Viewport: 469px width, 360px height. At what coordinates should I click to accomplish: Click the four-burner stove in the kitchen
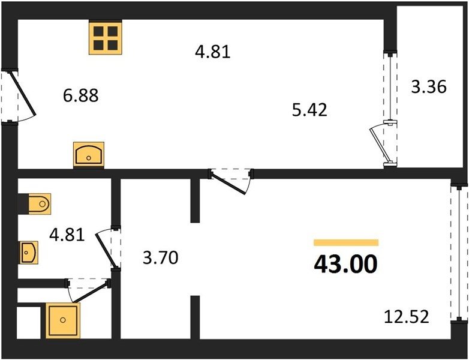point(106,38)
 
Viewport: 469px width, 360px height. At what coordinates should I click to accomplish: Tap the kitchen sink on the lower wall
point(89,154)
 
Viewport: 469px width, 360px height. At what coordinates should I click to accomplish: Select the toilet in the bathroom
point(40,204)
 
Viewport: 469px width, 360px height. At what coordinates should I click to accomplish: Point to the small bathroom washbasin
point(29,253)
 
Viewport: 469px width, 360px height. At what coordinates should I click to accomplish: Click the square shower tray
point(63,320)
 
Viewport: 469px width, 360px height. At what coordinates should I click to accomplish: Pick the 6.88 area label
point(81,96)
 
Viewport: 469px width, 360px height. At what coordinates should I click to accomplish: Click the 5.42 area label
point(309,110)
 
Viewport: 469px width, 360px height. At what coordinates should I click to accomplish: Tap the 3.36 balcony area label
point(429,87)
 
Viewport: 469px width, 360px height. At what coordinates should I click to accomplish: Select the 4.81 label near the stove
point(213,52)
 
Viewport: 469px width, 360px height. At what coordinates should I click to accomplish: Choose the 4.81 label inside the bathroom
point(67,235)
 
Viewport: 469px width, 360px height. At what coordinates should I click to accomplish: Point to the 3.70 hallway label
point(161,257)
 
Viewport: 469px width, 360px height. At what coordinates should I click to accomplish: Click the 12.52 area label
point(407,317)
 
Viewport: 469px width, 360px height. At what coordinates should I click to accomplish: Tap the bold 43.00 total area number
point(346,265)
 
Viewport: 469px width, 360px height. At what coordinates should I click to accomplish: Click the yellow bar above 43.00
point(346,242)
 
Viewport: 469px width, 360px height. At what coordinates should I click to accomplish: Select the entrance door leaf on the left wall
point(23,93)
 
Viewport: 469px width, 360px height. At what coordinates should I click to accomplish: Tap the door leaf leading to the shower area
point(91,292)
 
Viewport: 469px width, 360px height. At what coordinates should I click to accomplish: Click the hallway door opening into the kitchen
point(229,184)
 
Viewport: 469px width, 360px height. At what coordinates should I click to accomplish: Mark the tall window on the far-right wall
point(459,253)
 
